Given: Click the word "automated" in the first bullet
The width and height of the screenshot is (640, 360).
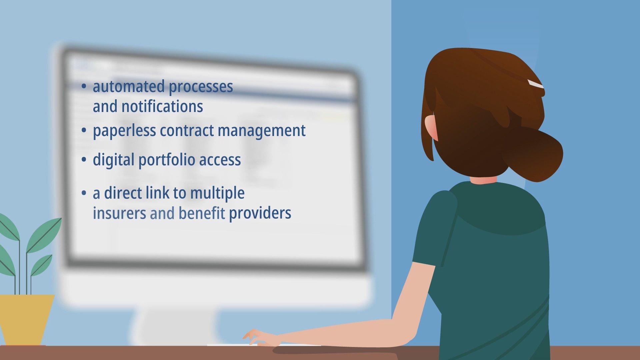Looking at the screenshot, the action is (129, 86).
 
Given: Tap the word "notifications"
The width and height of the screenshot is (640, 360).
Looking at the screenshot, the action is (162, 107).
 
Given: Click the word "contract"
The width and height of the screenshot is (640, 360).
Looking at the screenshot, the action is (187, 130).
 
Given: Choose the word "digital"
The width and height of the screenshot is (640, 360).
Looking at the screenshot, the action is (114, 160).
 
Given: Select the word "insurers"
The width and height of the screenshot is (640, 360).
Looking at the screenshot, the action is (119, 213).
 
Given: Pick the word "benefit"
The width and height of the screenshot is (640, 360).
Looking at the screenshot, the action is (202, 213).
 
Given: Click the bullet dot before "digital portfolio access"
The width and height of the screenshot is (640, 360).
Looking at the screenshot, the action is (84, 160).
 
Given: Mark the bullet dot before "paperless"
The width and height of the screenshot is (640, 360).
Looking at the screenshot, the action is (84, 131).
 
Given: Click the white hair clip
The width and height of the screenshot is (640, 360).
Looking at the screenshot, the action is (535, 84).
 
